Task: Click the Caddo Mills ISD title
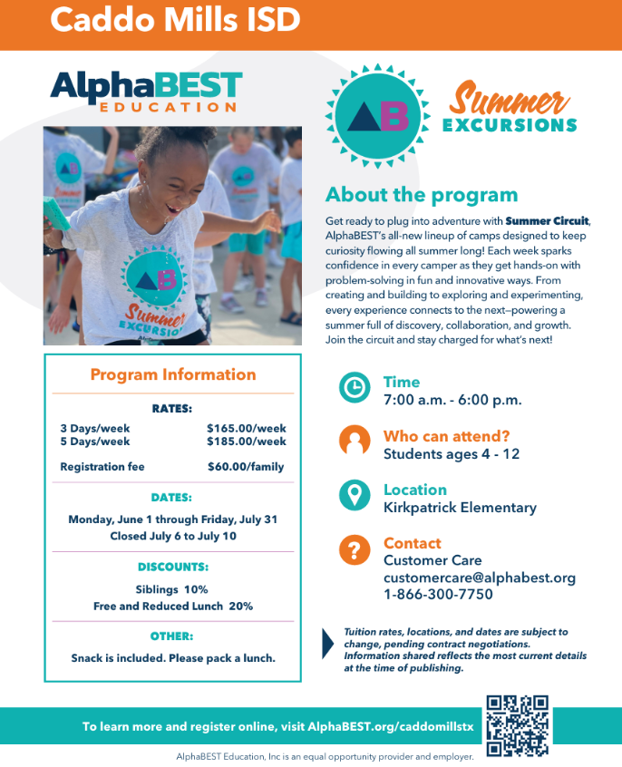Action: pos(174,20)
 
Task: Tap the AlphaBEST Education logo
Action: pos(146,92)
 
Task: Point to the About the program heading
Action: pos(422,195)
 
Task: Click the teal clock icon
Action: pos(355,388)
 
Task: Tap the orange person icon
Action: pos(355,442)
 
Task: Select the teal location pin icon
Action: pos(355,495)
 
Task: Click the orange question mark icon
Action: pos(355,549)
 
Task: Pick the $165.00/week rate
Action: pos(246,428)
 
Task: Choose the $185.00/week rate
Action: pos(246,442)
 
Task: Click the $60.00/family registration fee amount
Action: pos(245,467)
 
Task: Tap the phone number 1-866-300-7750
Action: pos(438,595)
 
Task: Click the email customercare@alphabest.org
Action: pos(479,578)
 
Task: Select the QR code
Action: pos(517,725)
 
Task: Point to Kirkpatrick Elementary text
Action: pos(460,508)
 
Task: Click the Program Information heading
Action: pos(172,374)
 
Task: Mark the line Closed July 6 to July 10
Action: pos(172,536)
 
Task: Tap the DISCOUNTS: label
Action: pos(172,567)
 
